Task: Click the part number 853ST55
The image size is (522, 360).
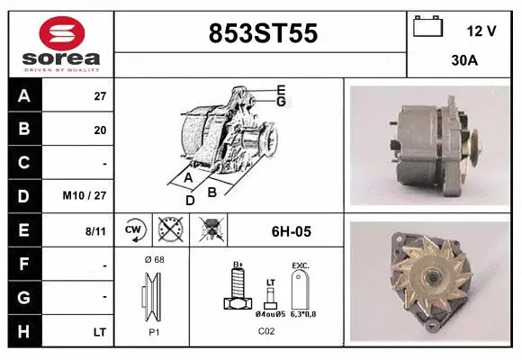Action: pyautogui.click(x=262, y=34)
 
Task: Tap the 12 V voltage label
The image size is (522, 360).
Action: pyautogui.click(x=481, y=31)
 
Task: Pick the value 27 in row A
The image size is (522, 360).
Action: pyautogui.click(x=99, y=94)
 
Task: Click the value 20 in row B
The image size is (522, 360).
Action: pyautogui.click(x=99, y=130)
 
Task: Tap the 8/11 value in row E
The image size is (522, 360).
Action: pyautogui.click(x=94, y=231)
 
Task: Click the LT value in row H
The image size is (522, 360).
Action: pyautogui.click(x=99, y=332)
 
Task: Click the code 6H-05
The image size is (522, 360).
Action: pyautogui.click(x=291, y=231)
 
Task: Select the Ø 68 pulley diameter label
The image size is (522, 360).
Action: pyautogui.click(x=153, y=260)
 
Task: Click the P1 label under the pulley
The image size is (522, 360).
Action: pyautogui.click(x=153, y=331)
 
